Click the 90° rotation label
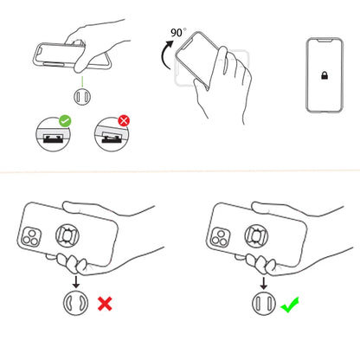point(177,33)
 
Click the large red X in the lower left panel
point(106,304)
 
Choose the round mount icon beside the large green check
point(260,305)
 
